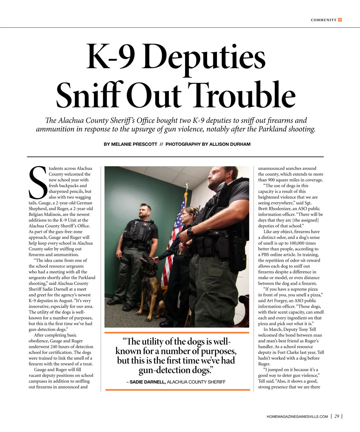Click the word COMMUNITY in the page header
323,20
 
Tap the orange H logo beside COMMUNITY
340,20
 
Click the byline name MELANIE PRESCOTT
134,144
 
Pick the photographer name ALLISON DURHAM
230,144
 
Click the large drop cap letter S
38,183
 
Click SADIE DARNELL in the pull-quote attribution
147,382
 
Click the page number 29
337,416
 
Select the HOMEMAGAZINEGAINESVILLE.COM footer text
297,416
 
